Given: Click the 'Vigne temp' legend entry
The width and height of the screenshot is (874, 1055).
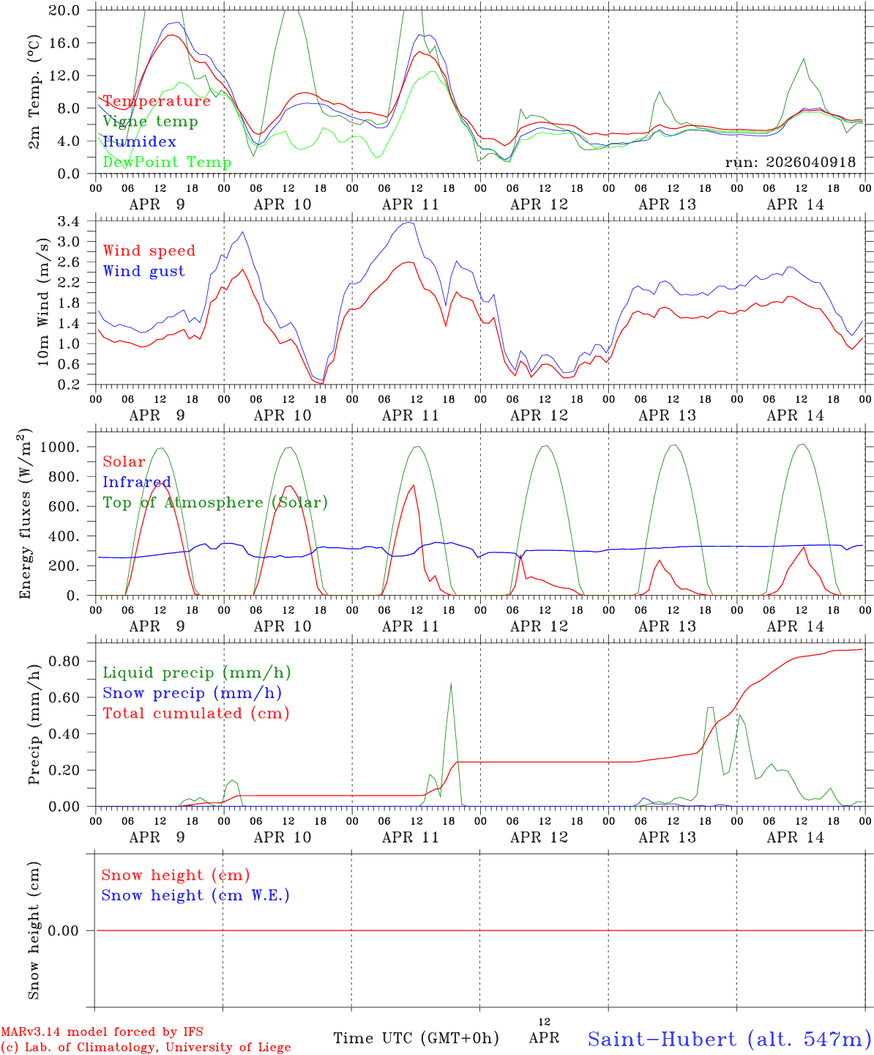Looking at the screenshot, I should (x=150, y=122).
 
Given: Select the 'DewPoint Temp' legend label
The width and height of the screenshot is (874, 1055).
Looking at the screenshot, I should (x=167, y=163).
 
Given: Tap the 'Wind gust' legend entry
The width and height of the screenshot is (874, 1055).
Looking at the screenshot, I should (x=143, y=271).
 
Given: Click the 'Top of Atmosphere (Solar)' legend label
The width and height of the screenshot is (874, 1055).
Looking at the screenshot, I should (x=214, y=503).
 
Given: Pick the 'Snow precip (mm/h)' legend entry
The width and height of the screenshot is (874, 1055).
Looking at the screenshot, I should (x=192, y=693).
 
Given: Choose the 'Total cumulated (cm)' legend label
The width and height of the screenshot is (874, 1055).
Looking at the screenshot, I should (x=195, y=714).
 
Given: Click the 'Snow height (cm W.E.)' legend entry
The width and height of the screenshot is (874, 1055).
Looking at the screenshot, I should (x=195, y=895).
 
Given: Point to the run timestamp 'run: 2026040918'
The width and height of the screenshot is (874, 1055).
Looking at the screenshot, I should (x=790, y=163).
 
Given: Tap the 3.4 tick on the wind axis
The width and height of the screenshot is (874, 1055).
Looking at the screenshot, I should (x=73, y=221).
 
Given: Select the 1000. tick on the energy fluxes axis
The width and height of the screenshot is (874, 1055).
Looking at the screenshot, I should (x=63, y=447).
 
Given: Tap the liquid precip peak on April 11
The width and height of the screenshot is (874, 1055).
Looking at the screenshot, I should (x=451, y=684).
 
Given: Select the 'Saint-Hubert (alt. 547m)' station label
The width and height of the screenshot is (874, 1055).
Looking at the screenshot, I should (x=729, y=1039).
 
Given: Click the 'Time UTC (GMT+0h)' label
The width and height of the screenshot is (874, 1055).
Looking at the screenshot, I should (x=416, y=1038).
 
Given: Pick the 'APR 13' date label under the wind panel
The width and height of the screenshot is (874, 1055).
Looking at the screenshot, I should (x=667, y=415).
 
